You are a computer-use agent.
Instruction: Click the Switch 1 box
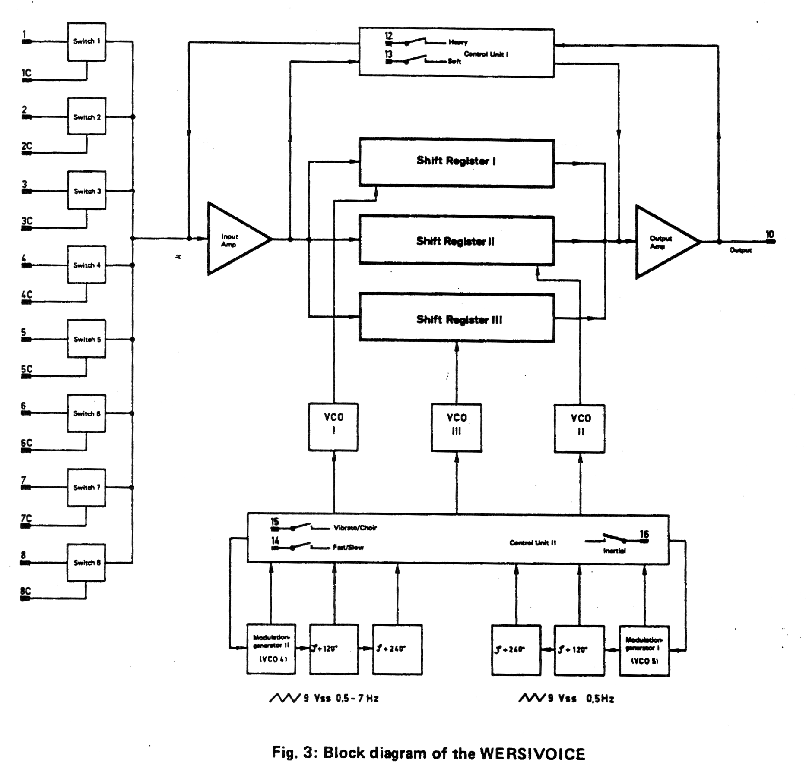click(x=86, y=42)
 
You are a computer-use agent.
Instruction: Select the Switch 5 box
click(x=86, y=339)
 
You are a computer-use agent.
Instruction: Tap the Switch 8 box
click(x=86, y=562)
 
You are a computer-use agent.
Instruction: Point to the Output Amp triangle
click(x=663, y=242)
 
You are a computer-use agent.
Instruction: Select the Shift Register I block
click(x=456, y=162)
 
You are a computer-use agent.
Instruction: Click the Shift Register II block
click(x=456, y=240)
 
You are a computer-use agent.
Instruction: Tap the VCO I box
click(x=333, y=427)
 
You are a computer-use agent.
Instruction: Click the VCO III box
click(x=457, y=428)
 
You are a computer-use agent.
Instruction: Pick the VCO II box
click(x=580, y=428)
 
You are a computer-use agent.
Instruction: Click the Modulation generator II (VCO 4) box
click(x=271, y=649)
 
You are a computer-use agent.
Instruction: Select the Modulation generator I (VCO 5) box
click(x=644, y=650)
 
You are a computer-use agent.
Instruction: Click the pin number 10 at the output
click(x=770, y=234)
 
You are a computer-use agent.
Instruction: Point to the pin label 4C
click(x=27, y=295)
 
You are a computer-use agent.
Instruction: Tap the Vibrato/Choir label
click(x=355, y=528)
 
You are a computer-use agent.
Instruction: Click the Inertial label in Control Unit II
click(x=614, y=551)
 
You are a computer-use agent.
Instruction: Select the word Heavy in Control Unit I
click(x=458, y=42)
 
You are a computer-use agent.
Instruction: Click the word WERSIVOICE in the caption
click(x=533, y=753)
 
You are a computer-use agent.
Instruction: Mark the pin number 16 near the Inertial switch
click(x=644, y=534)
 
